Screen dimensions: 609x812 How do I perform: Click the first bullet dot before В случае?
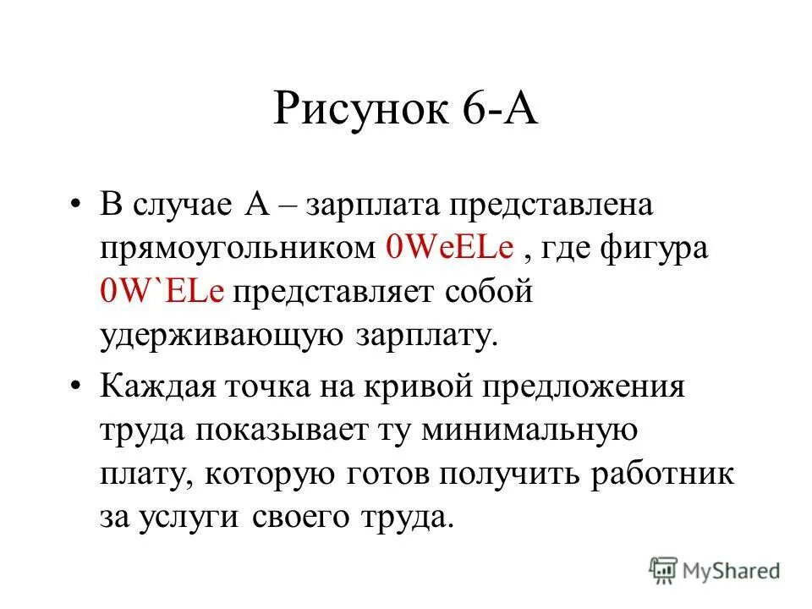tap(78, 206)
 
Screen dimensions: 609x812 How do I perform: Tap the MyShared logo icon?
tap(664, 569)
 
